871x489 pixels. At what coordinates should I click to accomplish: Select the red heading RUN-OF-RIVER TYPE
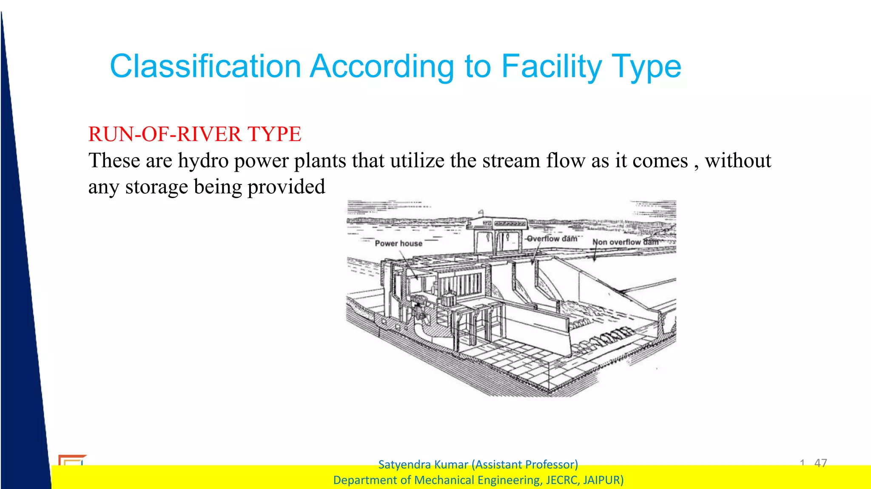194,134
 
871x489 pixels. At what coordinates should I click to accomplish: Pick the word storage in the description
156,187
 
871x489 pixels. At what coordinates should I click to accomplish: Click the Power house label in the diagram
398,243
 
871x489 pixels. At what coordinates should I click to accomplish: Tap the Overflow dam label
552,239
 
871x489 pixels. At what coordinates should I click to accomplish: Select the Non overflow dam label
625,242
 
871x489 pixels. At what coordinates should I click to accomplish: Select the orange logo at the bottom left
71,460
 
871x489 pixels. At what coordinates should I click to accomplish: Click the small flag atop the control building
481,212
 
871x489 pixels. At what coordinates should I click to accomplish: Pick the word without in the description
738,161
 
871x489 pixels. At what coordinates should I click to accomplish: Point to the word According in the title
382,66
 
